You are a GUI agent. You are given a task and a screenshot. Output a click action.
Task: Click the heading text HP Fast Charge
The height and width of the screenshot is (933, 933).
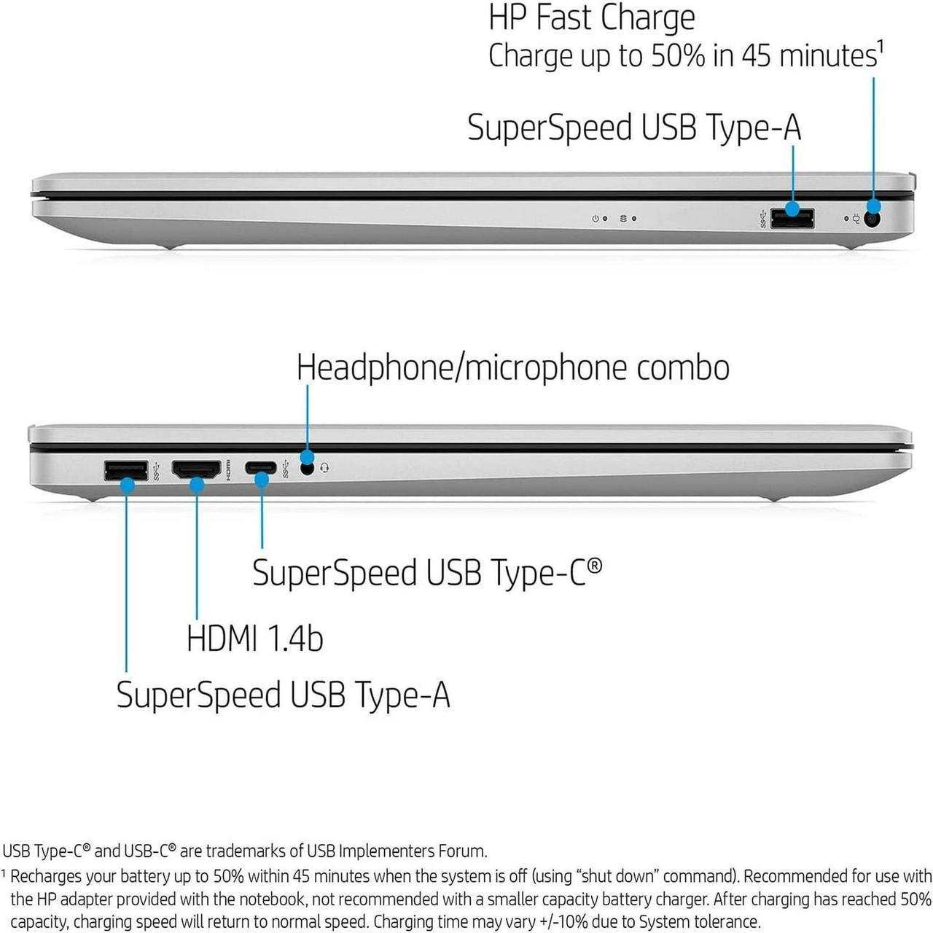click(592, 19)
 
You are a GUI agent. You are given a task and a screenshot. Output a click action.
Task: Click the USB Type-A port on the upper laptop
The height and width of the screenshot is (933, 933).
click(792, 219)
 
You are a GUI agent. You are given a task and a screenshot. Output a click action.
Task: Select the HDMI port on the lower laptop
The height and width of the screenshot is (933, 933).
click(197, 469)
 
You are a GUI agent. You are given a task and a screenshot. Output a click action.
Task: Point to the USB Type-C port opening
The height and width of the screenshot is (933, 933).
click(261, 468)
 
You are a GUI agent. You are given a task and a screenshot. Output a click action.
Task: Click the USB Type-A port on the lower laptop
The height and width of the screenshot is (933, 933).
click(126, 471)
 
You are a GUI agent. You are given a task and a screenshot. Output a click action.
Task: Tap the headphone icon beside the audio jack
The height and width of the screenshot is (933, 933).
click(325, 468)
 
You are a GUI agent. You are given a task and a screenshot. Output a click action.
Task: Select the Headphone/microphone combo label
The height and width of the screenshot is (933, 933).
click(512, 367)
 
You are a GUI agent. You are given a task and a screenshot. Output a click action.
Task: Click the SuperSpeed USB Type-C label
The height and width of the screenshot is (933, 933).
click(427, 572)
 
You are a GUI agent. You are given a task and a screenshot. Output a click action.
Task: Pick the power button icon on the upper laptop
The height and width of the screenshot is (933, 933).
click(595, 219)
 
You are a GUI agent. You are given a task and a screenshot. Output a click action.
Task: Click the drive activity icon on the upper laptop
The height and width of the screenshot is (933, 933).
click(624, 219)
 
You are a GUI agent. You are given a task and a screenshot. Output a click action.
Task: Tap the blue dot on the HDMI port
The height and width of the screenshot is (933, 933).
click(197, 485)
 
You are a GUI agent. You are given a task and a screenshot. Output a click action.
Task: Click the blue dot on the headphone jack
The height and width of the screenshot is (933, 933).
click(307, 456)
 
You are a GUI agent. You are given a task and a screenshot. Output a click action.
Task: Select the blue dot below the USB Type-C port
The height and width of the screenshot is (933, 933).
click(262, 480)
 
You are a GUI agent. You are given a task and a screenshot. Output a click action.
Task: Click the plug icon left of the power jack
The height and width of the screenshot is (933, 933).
click(856, 219)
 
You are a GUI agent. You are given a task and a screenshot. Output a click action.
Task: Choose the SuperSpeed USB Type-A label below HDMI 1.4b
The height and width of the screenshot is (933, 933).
click(284, 695)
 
